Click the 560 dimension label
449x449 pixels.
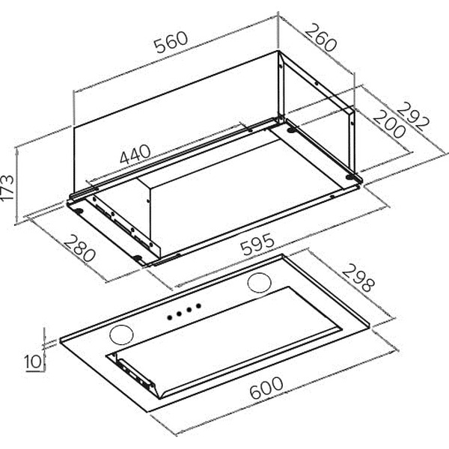tap(171, 43)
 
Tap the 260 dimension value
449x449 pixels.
tap(320, 38)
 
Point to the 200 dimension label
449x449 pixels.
tap(389, 124)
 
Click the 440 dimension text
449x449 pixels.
tap(135, 154)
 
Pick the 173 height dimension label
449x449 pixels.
tap(7, 187)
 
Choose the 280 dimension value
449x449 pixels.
tap(79, 248)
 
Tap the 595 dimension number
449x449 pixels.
tap(257, 244)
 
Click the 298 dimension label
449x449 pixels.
tap(358, 278)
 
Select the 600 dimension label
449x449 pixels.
tap(266, 388)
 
